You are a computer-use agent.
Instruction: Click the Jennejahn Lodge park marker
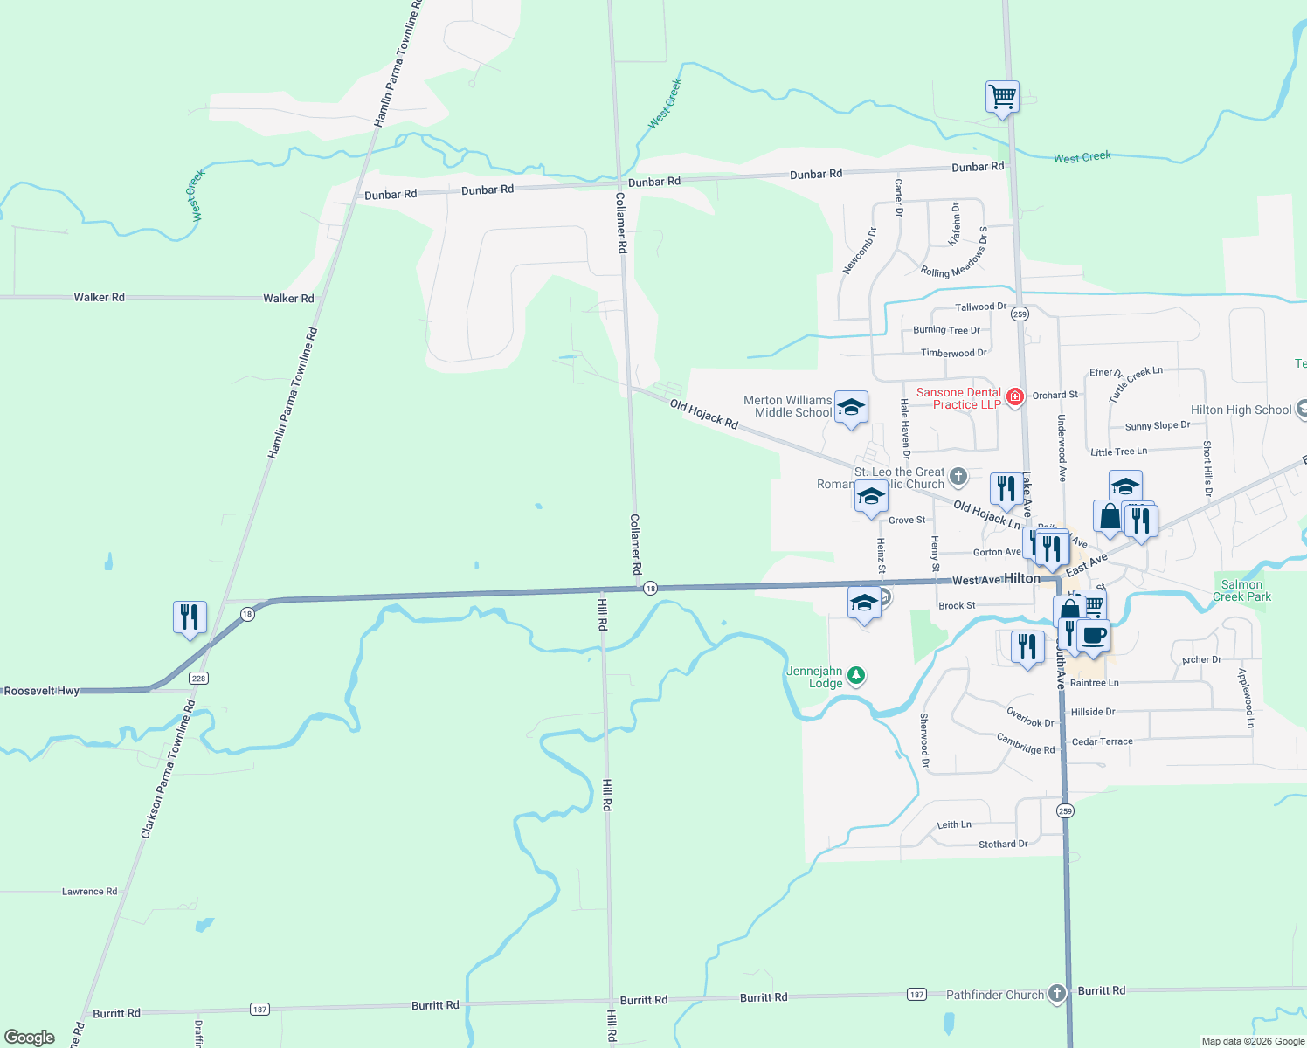click(x=857, y=675)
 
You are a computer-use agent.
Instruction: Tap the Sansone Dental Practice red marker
click(x=1014, y=397)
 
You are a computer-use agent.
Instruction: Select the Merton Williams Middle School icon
click(x=851, y=407)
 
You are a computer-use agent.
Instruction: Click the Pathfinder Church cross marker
click(x=1057, y=994)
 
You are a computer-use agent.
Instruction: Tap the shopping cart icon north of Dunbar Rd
click(x=1002, y=96)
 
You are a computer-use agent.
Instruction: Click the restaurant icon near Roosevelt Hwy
click(x=190, y=617)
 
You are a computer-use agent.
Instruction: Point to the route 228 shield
click(x=199, y=679)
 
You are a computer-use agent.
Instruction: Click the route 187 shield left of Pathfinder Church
click(x=916, y=994)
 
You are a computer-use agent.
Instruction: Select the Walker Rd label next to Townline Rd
click(x=288, y=299)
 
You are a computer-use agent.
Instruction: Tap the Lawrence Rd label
click(x=89, y=892)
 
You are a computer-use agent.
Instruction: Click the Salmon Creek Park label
click(x=1241, y=591)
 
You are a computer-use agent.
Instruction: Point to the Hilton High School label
click(x=1241, y=410)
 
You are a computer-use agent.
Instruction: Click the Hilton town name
click(x=1022, y=578)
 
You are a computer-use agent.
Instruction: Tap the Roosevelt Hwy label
click(x=42, y=691)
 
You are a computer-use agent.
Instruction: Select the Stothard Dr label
click(x=1003, y=845)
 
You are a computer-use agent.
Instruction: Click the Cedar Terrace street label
click(x=1102, y=741)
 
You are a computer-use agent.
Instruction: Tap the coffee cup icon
click(x=1093, y=635)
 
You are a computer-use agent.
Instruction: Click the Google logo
click(x=30, y=1038)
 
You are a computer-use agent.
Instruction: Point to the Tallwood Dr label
click(x=980, y=307)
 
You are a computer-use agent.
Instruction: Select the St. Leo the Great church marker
click(x=958, y=476)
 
